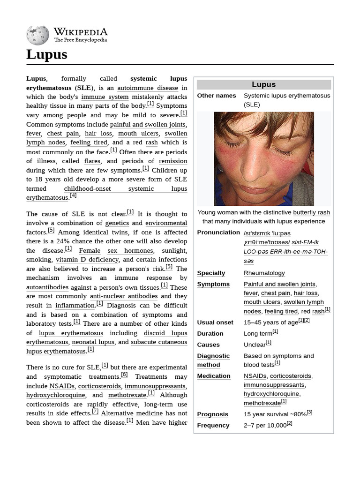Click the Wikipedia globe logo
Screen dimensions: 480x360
click(x=38, y=34)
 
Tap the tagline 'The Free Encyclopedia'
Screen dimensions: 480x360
click(x=80, y=40)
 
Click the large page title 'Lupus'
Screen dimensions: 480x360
click(x=47, y=55)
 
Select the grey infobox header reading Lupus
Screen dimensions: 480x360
click(x=263, y=84)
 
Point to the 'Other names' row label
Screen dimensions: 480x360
click(x=217, y=96)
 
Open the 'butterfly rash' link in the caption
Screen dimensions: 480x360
click(x=311, y=212)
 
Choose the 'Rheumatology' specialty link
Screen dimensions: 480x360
click(x=264, y=273)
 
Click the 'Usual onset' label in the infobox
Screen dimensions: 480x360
click(x=216, y=322)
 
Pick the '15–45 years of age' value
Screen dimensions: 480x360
click(x=270, y=322)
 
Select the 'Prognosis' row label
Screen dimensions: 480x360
click(x=213, y=414)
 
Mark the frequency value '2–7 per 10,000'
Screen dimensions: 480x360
click(x=265, y=426)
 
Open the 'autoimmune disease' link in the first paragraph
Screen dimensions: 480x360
click(x=148, y=88)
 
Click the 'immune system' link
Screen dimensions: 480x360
click(x=105, y=97)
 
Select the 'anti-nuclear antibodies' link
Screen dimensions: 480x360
click(x=124, y=296)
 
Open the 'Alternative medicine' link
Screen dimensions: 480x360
click(x=132, y=413)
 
